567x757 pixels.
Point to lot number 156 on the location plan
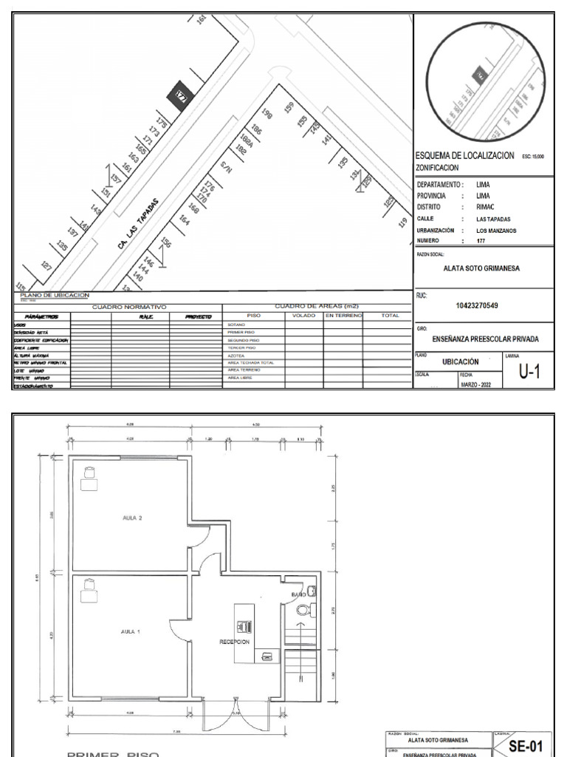point(166,244)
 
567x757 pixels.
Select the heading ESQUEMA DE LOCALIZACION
point(465,156)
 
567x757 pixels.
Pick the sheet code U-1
point(528,372)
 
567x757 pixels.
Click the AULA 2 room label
point(131,517)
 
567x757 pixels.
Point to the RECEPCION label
point(234,642)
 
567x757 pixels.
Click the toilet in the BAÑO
point(309,609)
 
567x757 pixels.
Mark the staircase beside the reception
point(301,657)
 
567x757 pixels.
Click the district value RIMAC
point(484,208)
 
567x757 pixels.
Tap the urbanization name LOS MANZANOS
point(495,231)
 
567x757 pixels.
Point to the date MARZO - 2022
point(475,384)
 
